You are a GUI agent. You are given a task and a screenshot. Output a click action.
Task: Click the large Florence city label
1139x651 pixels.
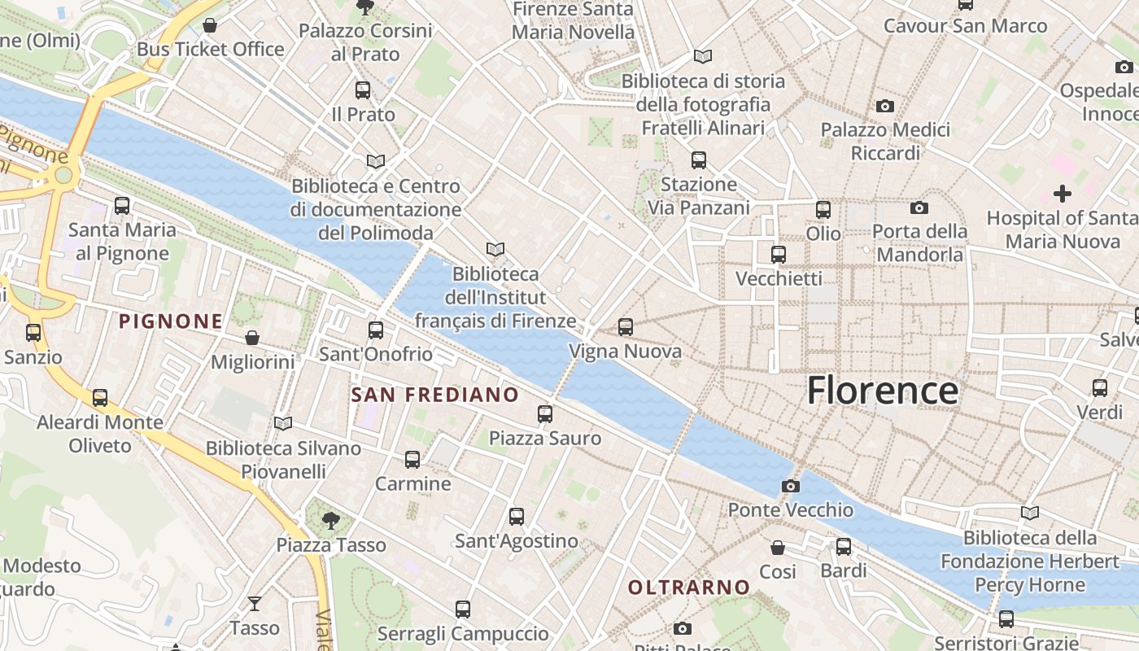point(882,391)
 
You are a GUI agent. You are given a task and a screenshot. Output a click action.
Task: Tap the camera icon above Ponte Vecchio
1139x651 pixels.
point(790,486)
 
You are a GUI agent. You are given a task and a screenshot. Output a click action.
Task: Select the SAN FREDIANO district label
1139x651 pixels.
point(434,395)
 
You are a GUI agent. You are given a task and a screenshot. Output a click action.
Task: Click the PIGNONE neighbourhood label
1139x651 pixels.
point(171,321)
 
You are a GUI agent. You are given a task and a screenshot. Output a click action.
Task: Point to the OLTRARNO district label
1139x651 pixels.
point(689,587)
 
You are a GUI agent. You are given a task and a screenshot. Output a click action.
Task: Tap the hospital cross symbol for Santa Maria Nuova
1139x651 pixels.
point(1062,194)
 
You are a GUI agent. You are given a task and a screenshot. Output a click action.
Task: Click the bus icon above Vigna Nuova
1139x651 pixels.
point(625,327)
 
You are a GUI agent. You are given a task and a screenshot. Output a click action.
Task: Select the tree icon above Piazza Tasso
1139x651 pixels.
point(329,520)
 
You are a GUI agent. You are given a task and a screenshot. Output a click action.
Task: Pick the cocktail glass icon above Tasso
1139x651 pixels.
point(255,603)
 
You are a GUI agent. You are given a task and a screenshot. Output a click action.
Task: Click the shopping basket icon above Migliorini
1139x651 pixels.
point(252,338)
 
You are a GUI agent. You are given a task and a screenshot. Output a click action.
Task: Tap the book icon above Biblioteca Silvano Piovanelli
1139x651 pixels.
point(282,423)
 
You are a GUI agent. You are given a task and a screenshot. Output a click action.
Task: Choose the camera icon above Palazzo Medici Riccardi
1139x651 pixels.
point(884,106)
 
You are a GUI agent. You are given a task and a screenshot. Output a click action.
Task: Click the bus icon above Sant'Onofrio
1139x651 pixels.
point(375,330)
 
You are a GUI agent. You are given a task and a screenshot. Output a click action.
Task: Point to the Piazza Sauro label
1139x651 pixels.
point(544,439)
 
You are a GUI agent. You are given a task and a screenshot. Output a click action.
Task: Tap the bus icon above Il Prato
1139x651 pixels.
point(363,90)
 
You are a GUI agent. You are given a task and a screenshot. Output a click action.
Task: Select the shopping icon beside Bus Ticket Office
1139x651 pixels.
point(210,26)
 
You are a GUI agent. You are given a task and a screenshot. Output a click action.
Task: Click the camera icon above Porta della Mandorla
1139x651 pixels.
point(919,208)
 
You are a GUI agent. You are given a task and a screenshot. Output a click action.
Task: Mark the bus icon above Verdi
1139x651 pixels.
point(1099,387)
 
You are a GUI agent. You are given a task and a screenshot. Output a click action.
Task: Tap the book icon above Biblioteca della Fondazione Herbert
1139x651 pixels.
point(1030,513)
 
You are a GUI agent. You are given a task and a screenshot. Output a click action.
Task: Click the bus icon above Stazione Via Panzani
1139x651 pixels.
point(698,159)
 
